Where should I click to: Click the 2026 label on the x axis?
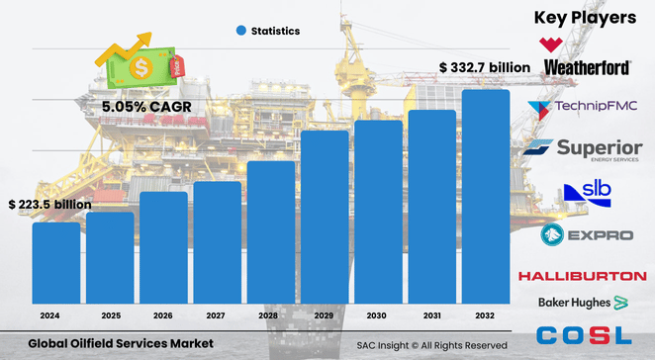coord(163,315)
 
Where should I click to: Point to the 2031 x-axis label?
coord(431,315)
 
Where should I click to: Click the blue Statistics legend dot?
coord(240,31)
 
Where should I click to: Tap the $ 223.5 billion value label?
coord(49,204)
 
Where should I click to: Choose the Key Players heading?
coord(584,17)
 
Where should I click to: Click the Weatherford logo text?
coord(588,67)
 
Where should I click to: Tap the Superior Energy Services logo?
coord(583,149)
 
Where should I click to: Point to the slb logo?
coord(583,192)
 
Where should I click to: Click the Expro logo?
coord(583,235)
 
